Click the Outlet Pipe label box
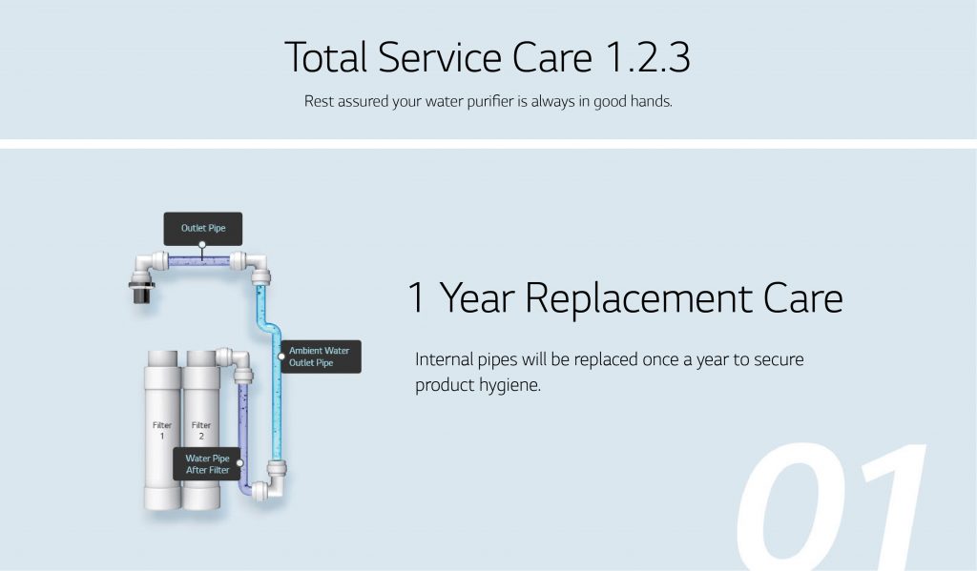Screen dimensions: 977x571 pyautogui.click(x=203, y=229)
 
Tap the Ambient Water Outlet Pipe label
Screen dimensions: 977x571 pyautogui.click(x=321, y=357)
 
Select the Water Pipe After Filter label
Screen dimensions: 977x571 pyautogui.click(x=207, y=464)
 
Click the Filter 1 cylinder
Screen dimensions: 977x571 pyautogui.click(x=162, y=430)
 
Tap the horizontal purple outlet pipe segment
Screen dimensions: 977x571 pyautogui.click(x=199, y=261)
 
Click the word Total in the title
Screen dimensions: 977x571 pyautogui.click(x=326, y=57)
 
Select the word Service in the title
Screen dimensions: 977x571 pyautogui.click(x=440, y=57)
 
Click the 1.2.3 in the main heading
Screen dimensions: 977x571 pyautogui.click(x=648, y=57)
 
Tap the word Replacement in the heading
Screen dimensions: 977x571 pyautogui.click(x=638, y=299)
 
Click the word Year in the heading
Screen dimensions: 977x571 pyautogui.click(x=477, y=297)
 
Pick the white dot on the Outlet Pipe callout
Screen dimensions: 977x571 pyautogui.click(x=202, y=245)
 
